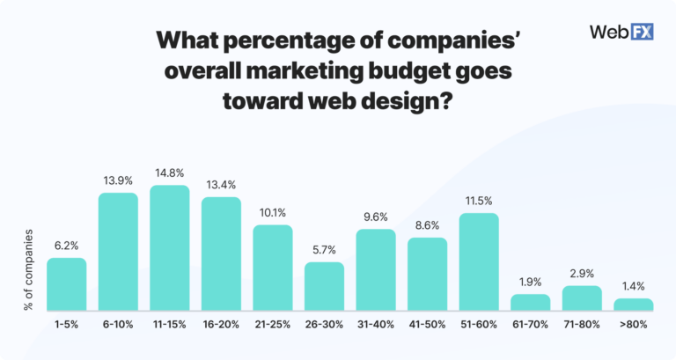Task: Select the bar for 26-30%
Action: click(325, 286)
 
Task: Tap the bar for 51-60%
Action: click(480, 262)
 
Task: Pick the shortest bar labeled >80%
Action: click(634, 305)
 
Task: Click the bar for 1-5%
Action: click(67, 284)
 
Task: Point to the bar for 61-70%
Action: click(531, 302)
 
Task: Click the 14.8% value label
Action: click(170, 174)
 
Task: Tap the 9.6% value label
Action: click(376, 217)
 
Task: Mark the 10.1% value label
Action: click(273, 214)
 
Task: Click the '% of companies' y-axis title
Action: click(28, 269)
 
